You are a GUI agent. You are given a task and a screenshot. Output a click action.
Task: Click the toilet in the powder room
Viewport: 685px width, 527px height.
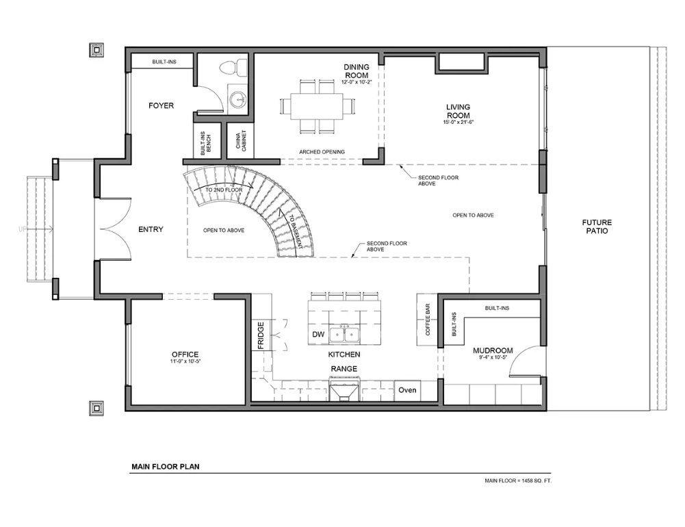(229, 67)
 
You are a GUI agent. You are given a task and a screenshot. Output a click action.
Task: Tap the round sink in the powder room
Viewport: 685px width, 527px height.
(237, 99)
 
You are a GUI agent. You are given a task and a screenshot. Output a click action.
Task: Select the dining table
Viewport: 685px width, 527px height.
(317, 106)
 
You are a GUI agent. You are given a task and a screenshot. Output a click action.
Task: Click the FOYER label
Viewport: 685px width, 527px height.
(161, 105)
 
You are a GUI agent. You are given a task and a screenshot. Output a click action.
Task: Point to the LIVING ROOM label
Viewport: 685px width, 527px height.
(458, 111)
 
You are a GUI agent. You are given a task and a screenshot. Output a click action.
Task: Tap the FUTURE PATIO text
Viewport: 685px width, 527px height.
(597, 227)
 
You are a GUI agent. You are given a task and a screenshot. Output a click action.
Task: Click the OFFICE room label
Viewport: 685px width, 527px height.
(185, 355)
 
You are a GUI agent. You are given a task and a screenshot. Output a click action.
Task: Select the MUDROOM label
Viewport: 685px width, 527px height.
(493, 350)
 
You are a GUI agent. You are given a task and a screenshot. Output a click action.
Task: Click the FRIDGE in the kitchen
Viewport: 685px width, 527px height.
(261, 335)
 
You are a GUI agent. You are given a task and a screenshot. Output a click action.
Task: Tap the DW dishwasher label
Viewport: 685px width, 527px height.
(318, 334)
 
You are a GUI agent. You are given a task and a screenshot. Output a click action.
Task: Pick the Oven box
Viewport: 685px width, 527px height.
(407, 390)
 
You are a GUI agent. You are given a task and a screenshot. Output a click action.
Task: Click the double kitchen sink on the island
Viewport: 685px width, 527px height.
(344, 334)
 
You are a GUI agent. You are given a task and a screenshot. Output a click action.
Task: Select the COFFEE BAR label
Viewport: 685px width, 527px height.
(428, 320)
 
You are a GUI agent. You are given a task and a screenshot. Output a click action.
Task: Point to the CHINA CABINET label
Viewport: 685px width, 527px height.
(241, 140)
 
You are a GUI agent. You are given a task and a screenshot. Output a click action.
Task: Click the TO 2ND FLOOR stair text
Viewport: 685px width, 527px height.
(224, 190)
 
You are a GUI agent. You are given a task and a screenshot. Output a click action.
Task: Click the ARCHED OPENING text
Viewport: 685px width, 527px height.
(322, 152)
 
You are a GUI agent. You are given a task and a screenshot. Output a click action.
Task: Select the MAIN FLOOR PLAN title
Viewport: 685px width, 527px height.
(166, 467)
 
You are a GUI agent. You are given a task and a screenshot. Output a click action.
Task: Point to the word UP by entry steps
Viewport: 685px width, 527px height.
(23, 229)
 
